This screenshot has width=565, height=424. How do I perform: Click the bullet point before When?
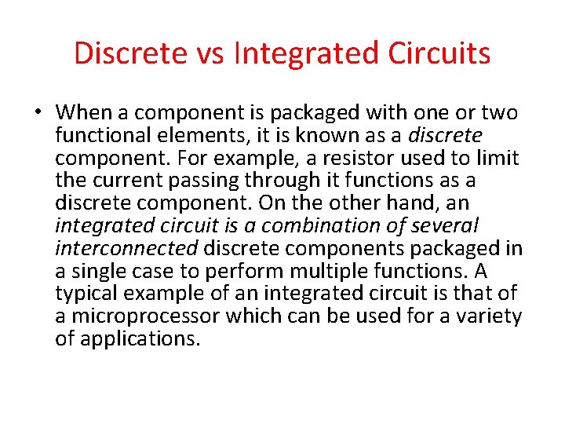point(37,113)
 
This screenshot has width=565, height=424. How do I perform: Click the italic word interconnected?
point(127,249)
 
